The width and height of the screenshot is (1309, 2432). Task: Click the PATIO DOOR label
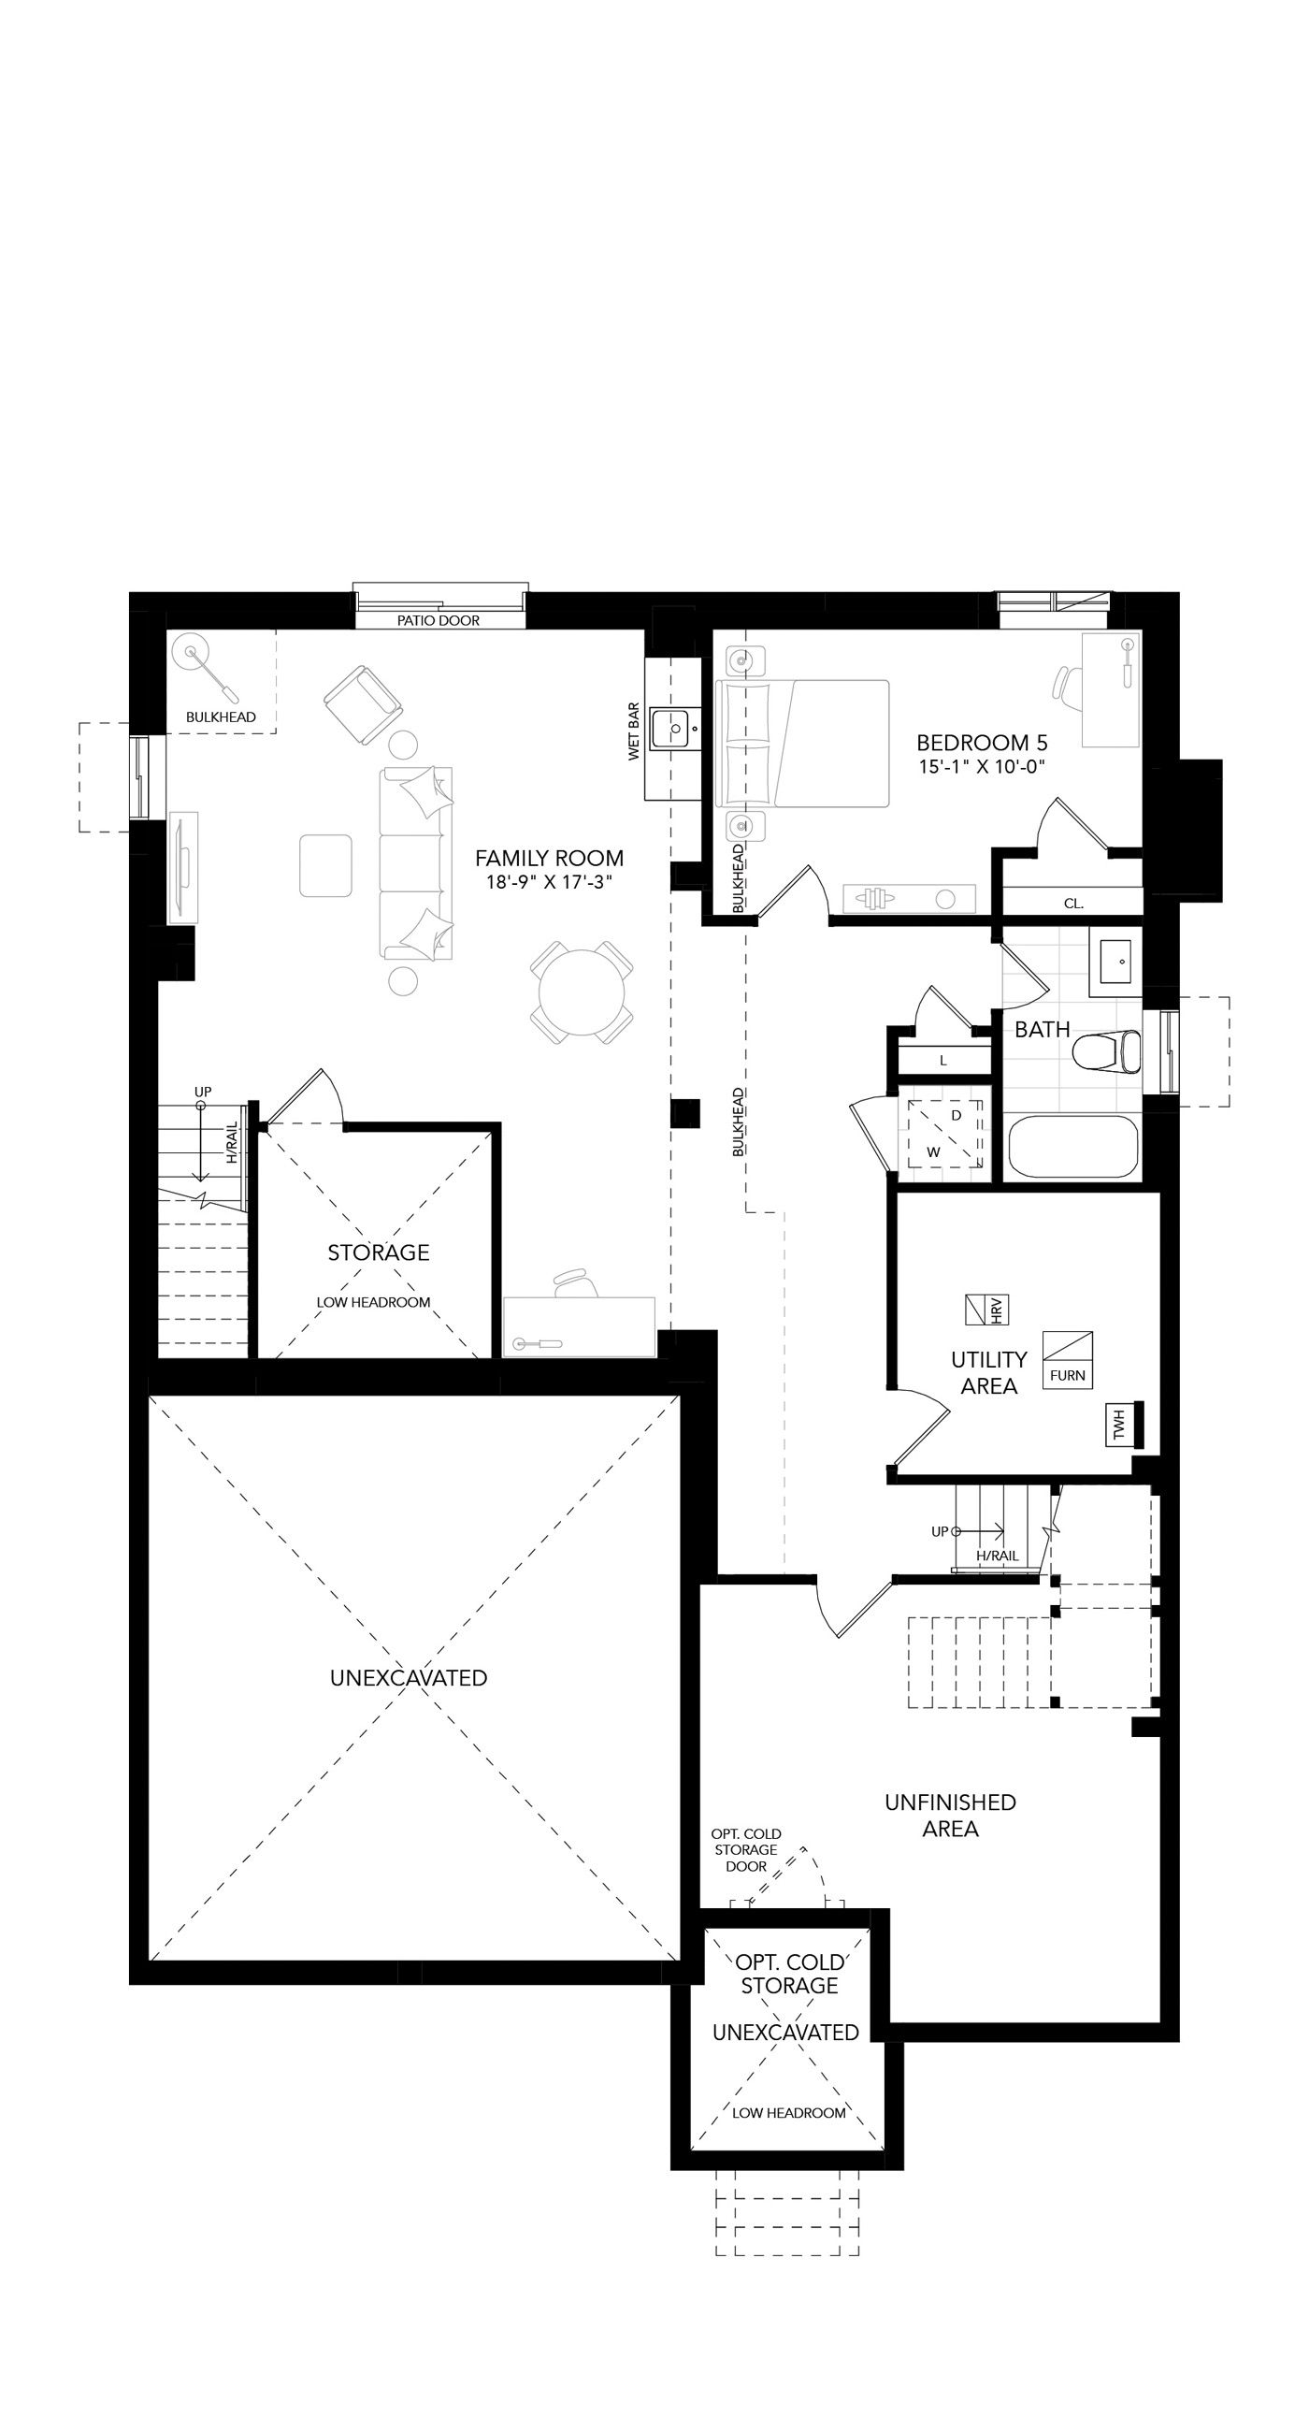coord(438,620)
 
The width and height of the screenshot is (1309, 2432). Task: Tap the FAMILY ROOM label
coord(549,858)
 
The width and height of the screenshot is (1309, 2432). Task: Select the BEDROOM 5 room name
coord(983,743)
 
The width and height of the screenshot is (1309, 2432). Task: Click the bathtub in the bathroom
coord(1073,1146)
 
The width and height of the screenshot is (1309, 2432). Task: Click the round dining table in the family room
coord(582,992)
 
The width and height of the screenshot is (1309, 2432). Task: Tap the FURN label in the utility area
coord(1068,1375)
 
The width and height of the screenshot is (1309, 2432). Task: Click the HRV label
coord(997,1310)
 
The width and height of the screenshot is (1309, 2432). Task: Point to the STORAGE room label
coord(379,1252)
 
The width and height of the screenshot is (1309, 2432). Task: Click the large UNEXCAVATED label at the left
coord(409,1678)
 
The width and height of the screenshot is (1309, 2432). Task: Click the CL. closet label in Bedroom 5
coord(1074,904)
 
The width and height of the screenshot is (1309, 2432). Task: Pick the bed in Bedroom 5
coord(803,743)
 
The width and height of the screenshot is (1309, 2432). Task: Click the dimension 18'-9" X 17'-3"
coord(549,883)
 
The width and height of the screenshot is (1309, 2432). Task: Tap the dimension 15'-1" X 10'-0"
coord(983,767)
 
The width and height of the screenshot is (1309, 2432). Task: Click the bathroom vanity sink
coord(1115,961)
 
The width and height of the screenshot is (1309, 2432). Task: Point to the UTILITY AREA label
coord(989,1373)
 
